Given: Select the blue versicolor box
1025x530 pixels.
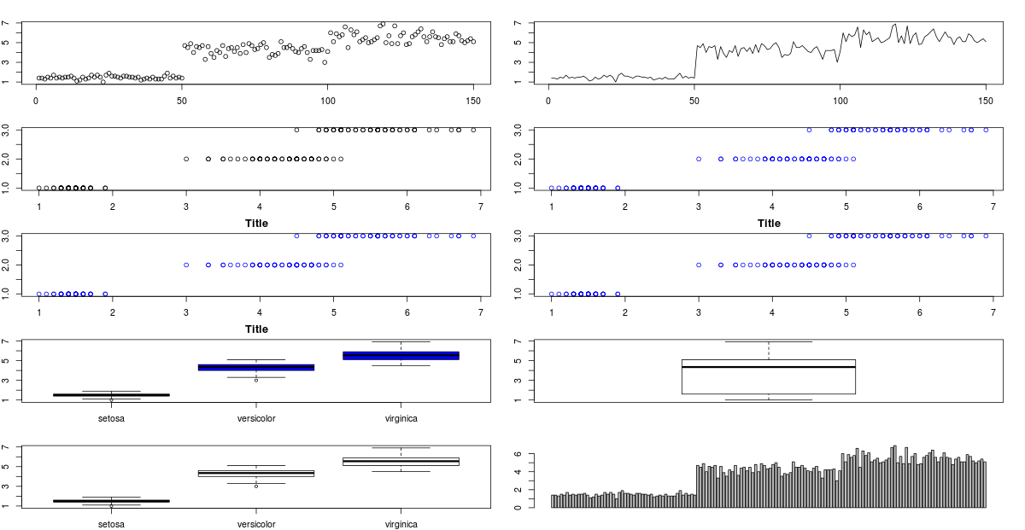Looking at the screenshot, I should point(256,367).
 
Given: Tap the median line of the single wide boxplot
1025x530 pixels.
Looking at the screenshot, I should point(769,367).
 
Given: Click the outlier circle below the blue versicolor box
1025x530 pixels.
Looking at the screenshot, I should point(256,380).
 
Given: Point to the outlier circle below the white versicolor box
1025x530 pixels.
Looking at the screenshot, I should point(256,486).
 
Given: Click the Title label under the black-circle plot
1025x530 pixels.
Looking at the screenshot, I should point(256,224).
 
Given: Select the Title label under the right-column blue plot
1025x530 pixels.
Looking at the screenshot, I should point(769,224).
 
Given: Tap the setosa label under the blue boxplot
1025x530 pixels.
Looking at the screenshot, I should point(112,418).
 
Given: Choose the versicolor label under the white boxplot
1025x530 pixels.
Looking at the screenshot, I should point(256,524).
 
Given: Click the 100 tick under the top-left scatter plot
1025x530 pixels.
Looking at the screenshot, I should point(328,101).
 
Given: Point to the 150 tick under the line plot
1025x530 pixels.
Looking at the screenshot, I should point(985,101).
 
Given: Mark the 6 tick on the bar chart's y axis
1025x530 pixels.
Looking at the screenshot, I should point(541,455).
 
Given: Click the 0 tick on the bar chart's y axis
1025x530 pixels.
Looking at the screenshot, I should point(541,507).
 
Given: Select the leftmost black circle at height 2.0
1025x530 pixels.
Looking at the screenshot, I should point(186,159).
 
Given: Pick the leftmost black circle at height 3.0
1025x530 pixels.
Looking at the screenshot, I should point(296,130).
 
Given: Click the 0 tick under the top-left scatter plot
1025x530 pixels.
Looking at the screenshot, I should point(36,101).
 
